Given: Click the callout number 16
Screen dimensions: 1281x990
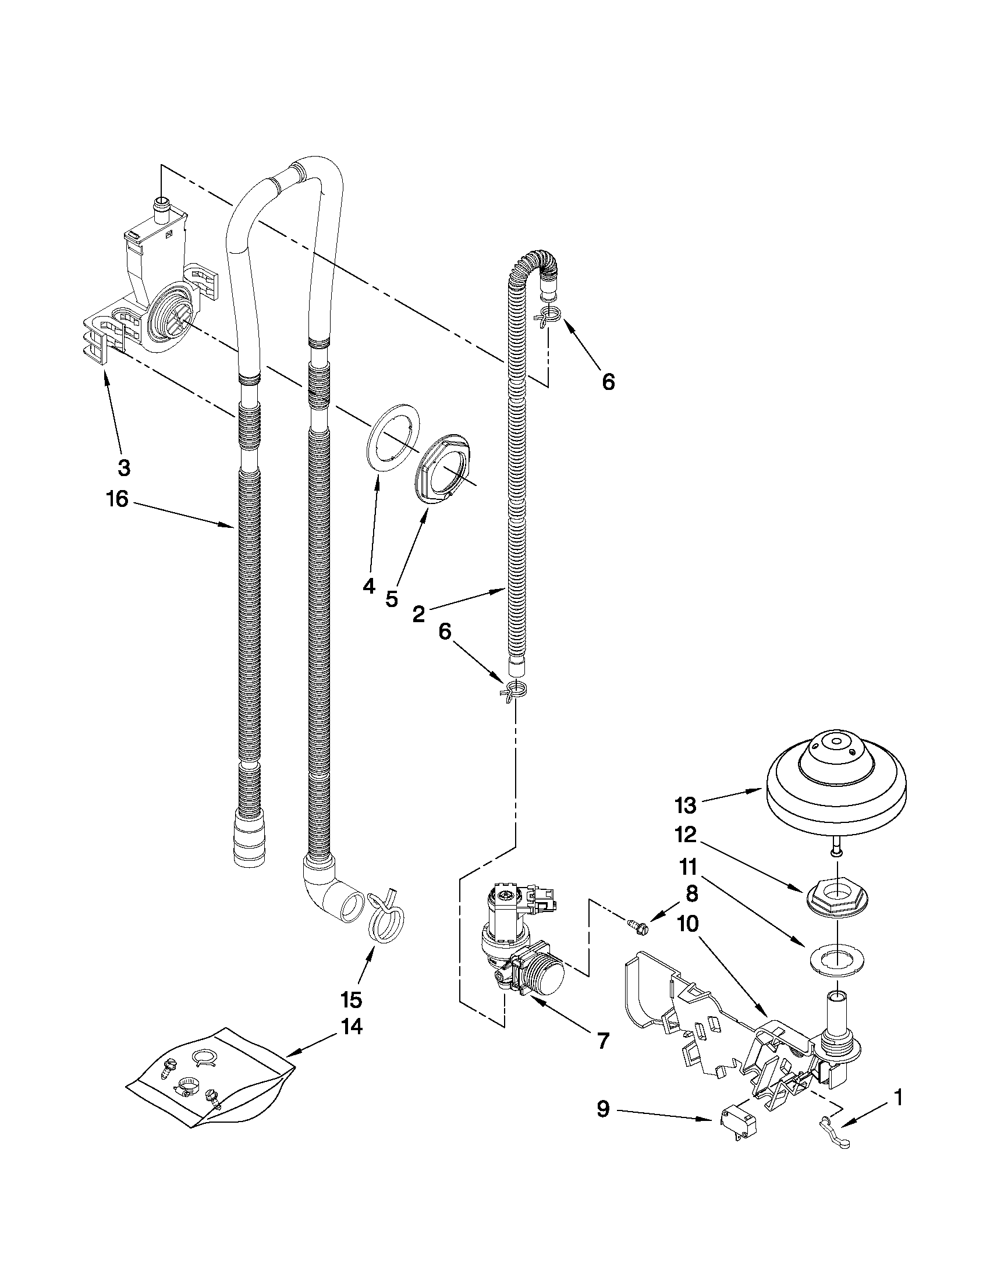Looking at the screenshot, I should pos(117,499).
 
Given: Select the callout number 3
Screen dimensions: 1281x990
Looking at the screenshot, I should pos(124,467).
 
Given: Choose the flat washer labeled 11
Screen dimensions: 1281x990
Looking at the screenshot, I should pos(836,960).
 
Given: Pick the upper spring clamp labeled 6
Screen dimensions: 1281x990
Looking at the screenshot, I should pos(548,315).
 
